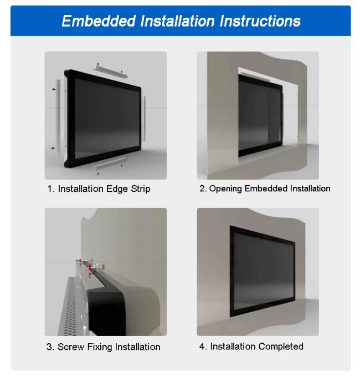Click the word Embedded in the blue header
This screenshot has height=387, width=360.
click(x=99, y=21)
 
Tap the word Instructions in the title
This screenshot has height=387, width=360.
click(x=260, y=21)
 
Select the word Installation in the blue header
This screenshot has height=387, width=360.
click(x=178, y=21)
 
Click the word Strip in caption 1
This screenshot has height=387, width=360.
click(x=140, y=189)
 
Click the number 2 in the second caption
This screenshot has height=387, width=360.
click(x=203, y=189)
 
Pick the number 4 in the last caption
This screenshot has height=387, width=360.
click(x=203, y=347)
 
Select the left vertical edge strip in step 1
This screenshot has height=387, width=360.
click(x=59, y=119)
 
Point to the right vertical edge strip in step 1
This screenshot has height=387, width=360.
click(x=144, y=119)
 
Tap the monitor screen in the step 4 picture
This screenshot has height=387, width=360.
click(x=263, y=272)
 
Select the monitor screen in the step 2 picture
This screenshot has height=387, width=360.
click(x=260, y=116)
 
